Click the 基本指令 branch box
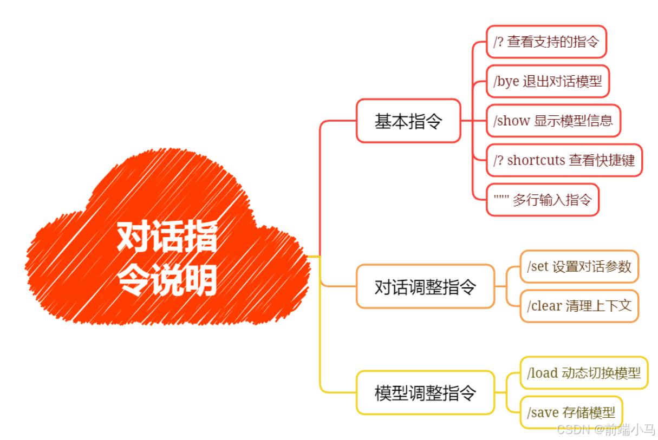coord(408,121)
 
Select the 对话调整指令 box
coord(425,286)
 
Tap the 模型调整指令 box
coord(425,392)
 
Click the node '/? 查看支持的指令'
coord(546,42)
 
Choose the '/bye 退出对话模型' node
coord(548,81)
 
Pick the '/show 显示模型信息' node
coord(553,121)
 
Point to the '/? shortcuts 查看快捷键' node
coord(564,160)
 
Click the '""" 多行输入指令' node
coord(542,200)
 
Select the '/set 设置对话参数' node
coord(579,266)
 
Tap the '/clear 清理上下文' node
coord(579,306)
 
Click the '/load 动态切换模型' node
coord(583,372)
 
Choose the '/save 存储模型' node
coord(571,412)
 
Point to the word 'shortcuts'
coord(536,160)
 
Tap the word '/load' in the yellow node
coord(542,372)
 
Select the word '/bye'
coord(506,81)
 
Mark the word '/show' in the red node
coord(511,121)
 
